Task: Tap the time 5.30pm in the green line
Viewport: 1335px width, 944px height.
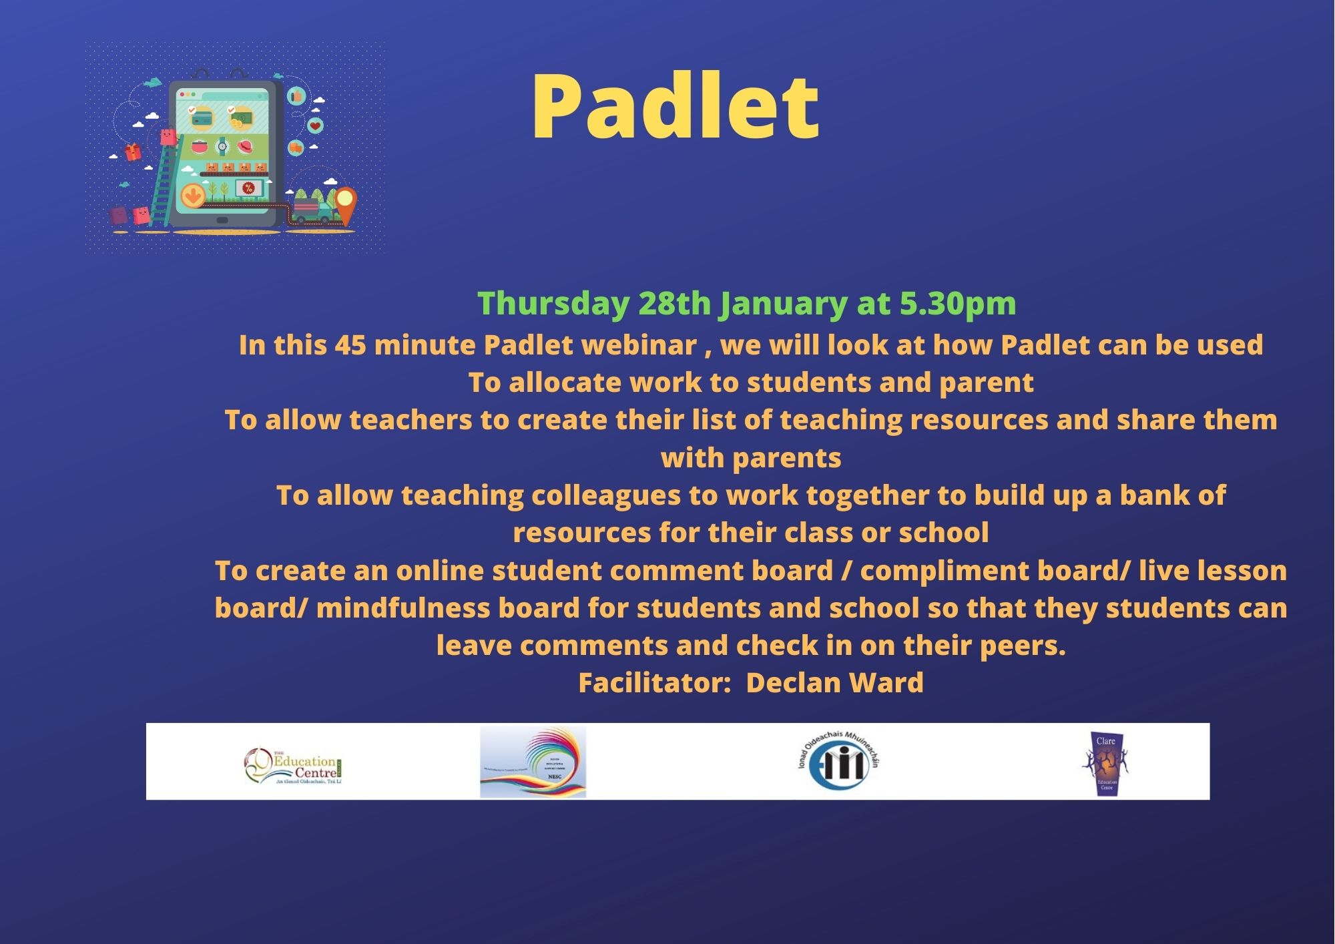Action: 957,304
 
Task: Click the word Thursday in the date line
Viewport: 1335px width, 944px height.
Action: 553,304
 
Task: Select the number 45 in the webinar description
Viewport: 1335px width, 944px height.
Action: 350,345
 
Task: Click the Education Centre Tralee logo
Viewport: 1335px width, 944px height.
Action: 294,765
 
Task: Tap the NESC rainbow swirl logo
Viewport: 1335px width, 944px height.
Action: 533,762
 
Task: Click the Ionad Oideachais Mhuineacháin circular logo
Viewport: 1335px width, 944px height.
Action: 839,762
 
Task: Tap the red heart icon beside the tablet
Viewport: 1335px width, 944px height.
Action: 316,126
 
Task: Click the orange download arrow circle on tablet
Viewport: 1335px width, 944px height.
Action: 193,196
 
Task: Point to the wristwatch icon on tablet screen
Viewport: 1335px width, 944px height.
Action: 222,146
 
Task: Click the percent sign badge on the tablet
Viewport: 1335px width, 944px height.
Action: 248,189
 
